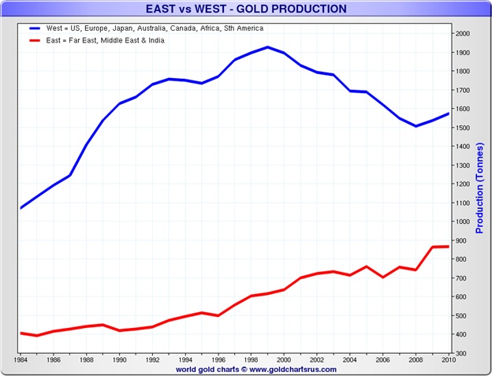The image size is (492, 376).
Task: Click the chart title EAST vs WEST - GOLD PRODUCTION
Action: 246,9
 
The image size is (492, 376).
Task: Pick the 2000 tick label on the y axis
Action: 461,33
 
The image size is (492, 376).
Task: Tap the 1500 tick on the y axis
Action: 461,128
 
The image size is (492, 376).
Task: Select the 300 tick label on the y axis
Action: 460,354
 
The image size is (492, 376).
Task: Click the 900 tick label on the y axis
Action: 460,240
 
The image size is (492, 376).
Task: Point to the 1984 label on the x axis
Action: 20,361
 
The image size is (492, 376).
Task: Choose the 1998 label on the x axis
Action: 252,361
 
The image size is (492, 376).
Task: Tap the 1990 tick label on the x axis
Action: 119,361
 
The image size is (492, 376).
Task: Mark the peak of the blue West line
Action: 268,47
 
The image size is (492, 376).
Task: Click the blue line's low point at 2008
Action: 416,126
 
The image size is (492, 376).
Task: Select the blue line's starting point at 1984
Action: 20,208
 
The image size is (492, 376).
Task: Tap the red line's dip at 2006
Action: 383,277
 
